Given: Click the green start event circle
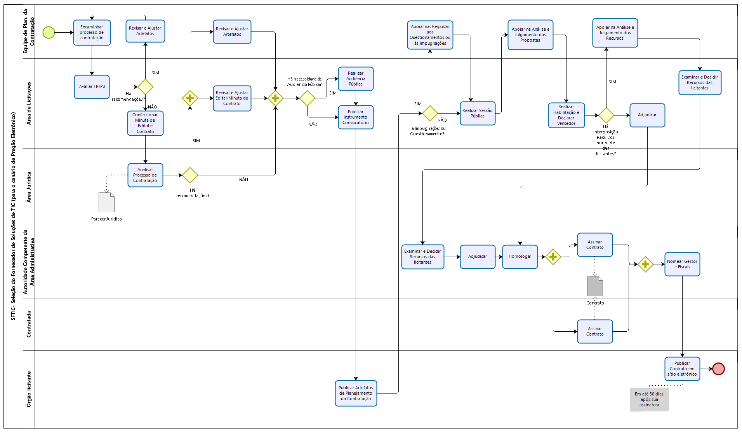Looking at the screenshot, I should [x=49, y=33].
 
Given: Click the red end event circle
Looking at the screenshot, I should [x=718, y=369].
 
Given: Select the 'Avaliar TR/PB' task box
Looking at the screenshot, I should [x=92, y=87].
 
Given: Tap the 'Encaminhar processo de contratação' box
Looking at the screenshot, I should [x=92, y=33].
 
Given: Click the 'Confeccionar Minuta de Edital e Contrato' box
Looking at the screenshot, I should [x=145, y=123].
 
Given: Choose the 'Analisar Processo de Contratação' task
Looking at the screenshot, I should [x=145, y=175].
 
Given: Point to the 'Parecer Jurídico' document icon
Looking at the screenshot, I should [x=106, y=203].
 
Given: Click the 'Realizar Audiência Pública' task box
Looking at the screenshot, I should [x=356, y=79].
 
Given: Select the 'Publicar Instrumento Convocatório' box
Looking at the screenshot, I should [x=356, y=117].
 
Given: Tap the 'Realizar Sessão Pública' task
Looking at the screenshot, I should [x=478, y=113].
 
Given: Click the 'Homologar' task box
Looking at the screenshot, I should [x=520, y=257].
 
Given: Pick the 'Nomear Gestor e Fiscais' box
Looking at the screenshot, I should [x=682, y=264].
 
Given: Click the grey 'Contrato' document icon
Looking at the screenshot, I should [x=595, y=287].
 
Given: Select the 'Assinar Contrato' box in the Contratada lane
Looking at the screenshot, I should [x=595, y=331].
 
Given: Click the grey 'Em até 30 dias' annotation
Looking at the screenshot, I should [x=649, y=399].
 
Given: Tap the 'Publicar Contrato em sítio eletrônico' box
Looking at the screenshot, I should [x=682, y=369].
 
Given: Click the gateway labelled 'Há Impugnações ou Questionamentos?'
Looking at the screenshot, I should [x=430, y=114].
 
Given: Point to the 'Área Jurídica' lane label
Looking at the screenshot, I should [x=29, y=187].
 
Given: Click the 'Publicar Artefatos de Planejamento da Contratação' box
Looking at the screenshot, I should [x=356, y=393].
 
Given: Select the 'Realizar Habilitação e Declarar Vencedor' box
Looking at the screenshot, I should [x=566, y=115].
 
